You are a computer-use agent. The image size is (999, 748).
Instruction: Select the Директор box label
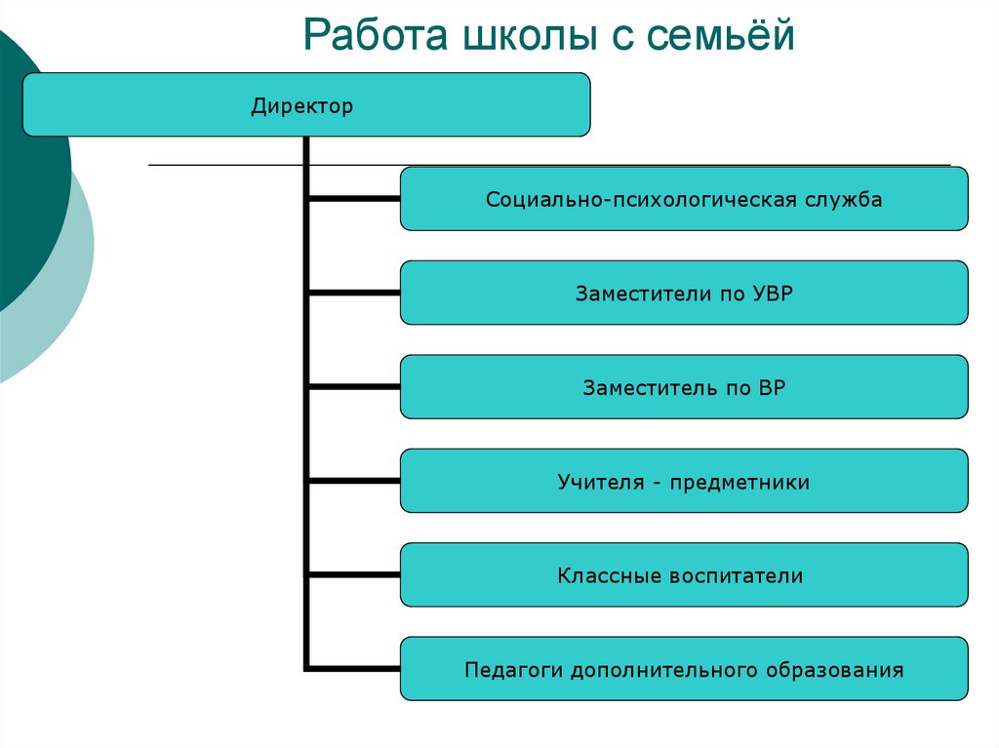(301, 105)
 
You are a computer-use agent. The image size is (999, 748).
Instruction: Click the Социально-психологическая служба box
(684, 199)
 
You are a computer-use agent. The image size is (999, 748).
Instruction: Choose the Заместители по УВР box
(684, 293)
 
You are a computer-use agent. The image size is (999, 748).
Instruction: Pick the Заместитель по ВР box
(684, 387)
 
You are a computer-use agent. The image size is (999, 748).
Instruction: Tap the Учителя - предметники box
(684, 482)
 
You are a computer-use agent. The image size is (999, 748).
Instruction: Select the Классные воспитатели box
(684, 575)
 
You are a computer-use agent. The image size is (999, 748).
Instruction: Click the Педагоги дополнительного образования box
(684, 670)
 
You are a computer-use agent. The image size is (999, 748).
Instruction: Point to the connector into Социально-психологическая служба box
(354, 199)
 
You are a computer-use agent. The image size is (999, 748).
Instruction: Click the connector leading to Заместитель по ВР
(354, 387)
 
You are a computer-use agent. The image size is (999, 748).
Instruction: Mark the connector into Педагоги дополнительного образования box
(354, 669)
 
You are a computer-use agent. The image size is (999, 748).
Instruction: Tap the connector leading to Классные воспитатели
(354, 575)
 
